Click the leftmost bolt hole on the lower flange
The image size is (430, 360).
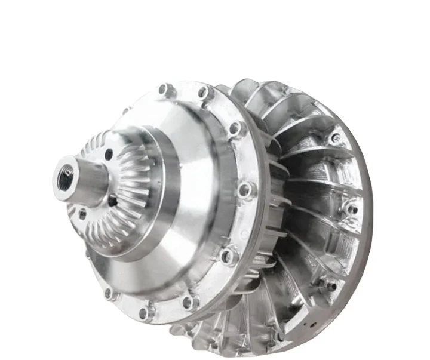click(x=109, y=293)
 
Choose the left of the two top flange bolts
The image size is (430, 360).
click(x=164, y=90)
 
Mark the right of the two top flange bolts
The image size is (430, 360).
click(x=205, y=93)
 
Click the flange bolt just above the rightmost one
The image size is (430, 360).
click(x=236, y=128)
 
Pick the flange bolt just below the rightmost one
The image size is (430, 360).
click(x=228, y=256)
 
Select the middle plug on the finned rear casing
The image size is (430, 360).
click(x=352, y=208)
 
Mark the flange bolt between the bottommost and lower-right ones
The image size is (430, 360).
click(x=190, y=302)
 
